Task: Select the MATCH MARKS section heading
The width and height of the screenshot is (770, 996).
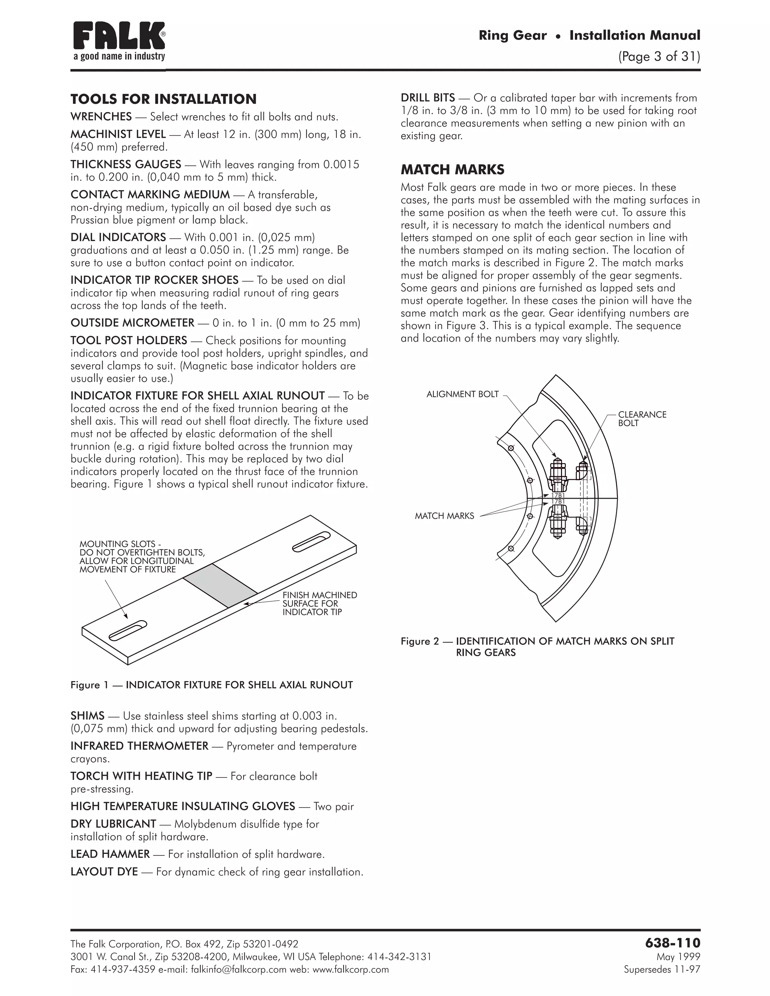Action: [x=452, y=170]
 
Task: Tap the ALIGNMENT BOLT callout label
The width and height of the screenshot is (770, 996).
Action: [x=462, y=394]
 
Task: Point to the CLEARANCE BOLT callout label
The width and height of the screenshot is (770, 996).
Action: [x=642, y=419]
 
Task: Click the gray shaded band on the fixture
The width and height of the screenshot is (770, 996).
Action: [x=220, y=586]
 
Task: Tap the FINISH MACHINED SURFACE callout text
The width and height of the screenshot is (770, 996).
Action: [x=319, y=603]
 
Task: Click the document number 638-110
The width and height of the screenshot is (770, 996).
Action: [x=672, y=942]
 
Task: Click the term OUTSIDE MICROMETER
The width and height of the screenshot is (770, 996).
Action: [x=132, y=323]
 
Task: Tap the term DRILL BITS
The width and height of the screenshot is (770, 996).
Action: [x=427, y=98]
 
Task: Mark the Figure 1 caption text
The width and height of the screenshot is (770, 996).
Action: [x=212, y=685]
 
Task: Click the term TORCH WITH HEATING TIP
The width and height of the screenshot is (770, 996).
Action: [x=141, y=776]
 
